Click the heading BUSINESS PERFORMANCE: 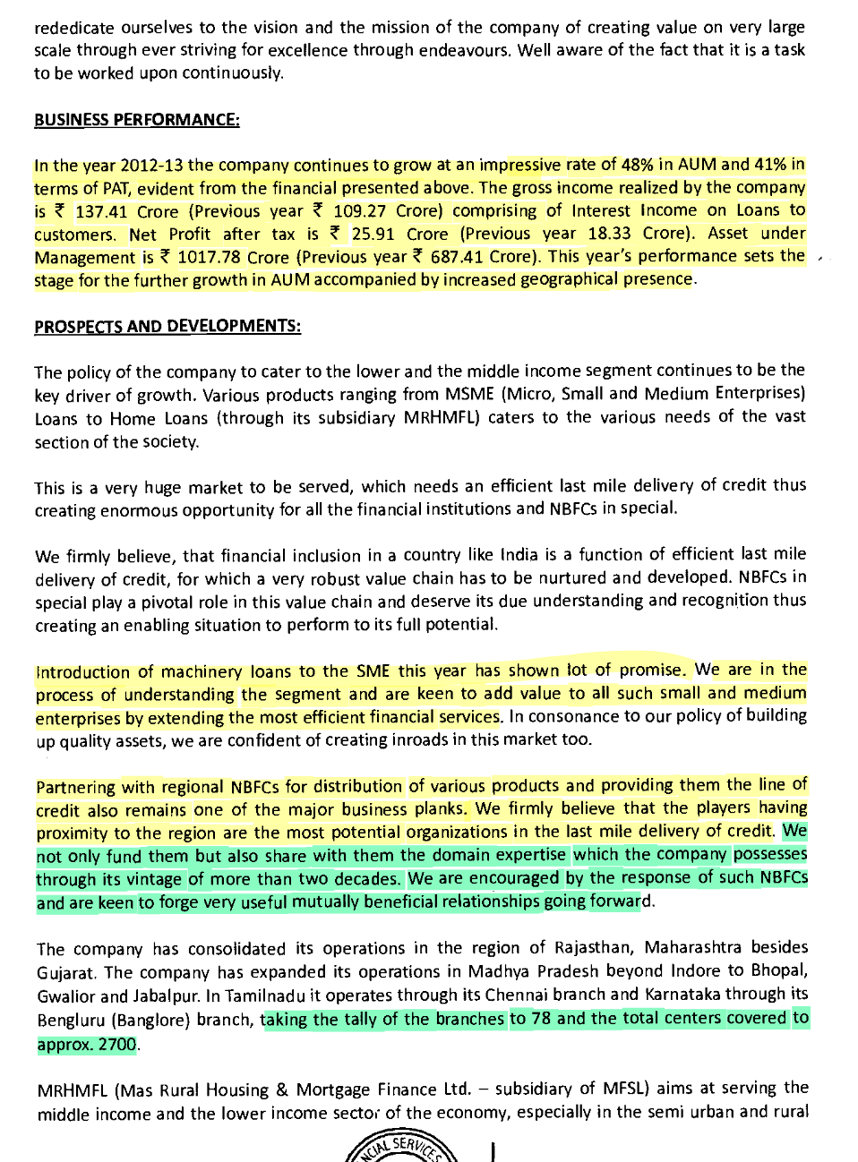[136, 119]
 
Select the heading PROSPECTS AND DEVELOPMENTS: [167, 326]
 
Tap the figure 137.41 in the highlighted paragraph [101, 212]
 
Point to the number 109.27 [361, 211]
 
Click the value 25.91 [373, 235]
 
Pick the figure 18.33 [613, 234]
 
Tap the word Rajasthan [591, 948]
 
